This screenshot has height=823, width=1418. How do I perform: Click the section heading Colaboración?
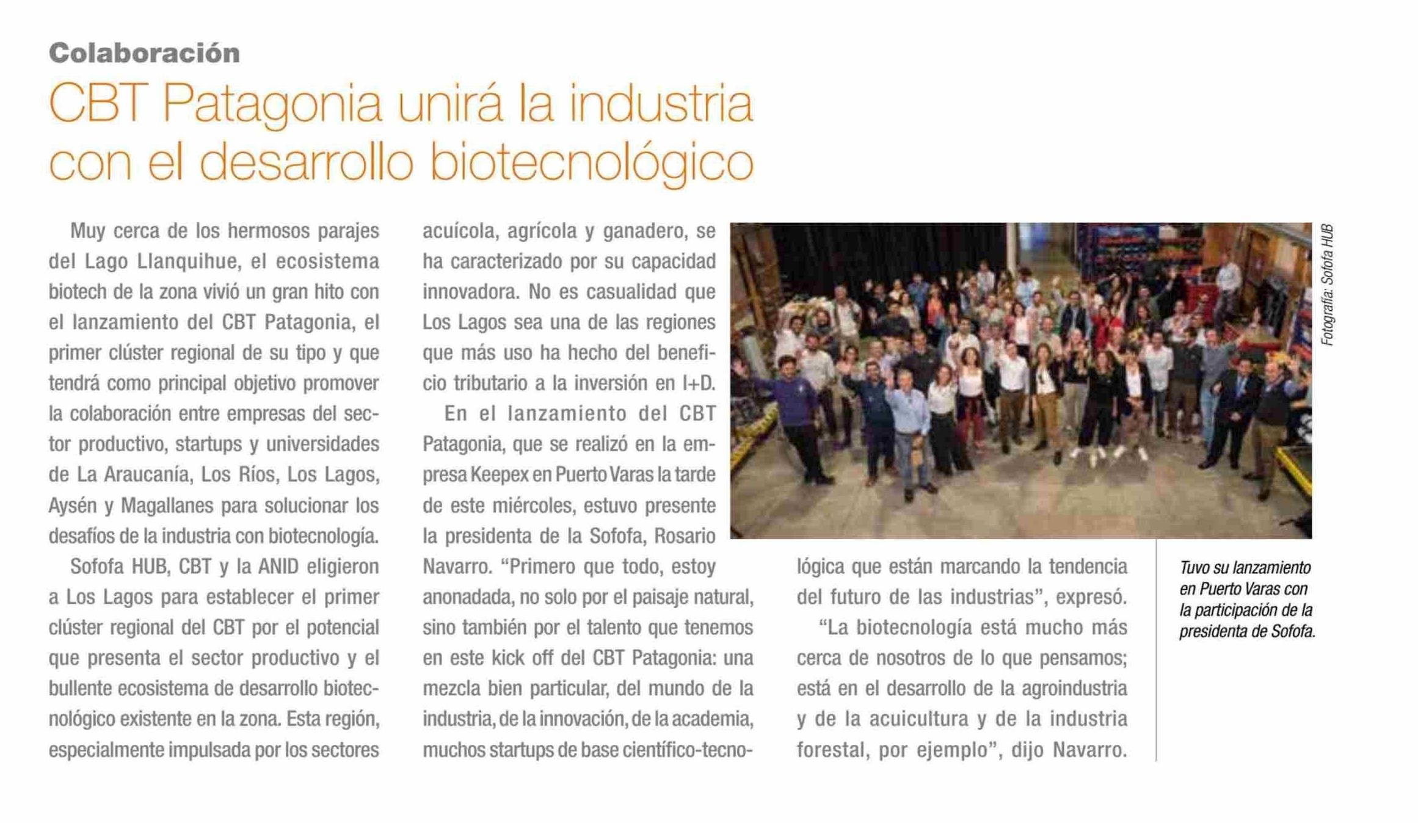tap(144, 53)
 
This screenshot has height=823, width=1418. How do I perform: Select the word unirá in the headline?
tap(450, 104)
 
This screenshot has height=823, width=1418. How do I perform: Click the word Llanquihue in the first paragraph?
tap(187, 261)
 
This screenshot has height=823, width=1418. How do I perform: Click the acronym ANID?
tap(278, 567)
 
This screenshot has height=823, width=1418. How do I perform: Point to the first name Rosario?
tap(685, 536)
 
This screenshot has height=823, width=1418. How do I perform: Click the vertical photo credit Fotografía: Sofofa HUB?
tap(1327, 285)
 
